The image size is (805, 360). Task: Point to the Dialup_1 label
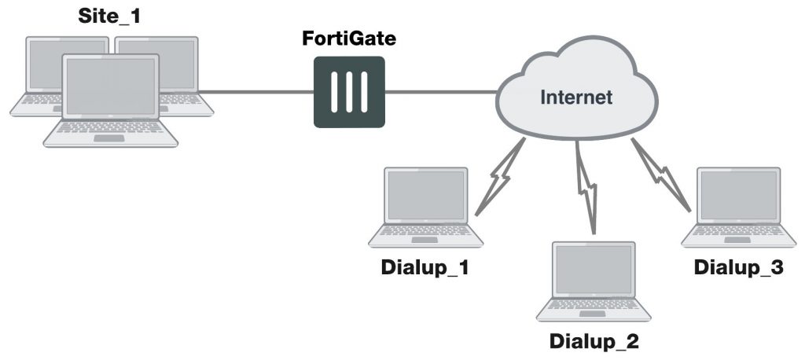[425, 268]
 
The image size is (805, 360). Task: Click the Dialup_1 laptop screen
[425, 196]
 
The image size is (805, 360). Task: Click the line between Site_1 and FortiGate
[259, 92]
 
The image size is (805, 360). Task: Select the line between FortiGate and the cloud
[440, 92]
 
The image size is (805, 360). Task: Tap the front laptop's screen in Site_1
[111, 86]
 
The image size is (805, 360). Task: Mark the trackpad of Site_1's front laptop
[111, 138]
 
